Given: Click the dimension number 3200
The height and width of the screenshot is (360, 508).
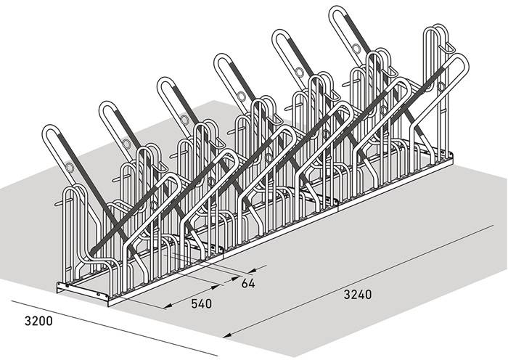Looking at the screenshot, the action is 38,321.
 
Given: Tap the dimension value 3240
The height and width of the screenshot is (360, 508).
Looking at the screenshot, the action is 358,295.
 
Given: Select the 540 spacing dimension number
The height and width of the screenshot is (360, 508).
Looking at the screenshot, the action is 202,303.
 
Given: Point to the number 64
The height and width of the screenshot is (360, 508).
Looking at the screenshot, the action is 248,283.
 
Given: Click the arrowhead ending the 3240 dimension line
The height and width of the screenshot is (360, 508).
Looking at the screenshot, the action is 227,335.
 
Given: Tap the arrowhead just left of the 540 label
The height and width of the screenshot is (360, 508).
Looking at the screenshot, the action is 168,306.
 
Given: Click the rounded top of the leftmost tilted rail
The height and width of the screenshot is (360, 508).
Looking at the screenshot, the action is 50,128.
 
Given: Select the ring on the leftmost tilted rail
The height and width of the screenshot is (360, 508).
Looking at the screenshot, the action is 70,168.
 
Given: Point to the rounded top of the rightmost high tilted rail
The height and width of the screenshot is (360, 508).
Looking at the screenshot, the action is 337,9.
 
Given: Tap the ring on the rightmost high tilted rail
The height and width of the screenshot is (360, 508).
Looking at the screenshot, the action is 356,49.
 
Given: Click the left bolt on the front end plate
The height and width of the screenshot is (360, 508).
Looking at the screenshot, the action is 67,285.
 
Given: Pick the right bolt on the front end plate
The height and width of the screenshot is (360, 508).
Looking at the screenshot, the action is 99,294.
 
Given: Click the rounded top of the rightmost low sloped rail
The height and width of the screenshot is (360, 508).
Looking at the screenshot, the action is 459,57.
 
